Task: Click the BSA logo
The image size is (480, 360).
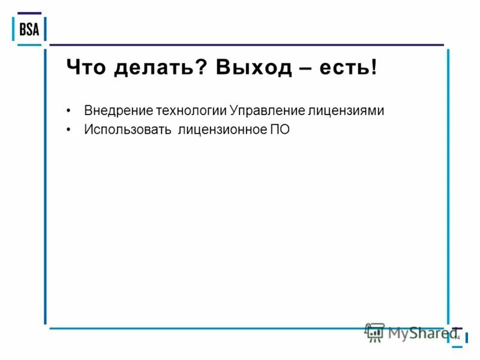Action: tap(29, 29)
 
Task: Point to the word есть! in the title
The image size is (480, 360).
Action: tap(352, 67)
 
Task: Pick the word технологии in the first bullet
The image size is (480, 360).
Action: tap(191, 111)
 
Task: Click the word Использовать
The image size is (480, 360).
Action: tap(128, 130)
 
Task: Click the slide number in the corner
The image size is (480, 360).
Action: tap(457, 338)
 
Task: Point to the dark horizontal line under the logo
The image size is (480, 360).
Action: tap(246, 45)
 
